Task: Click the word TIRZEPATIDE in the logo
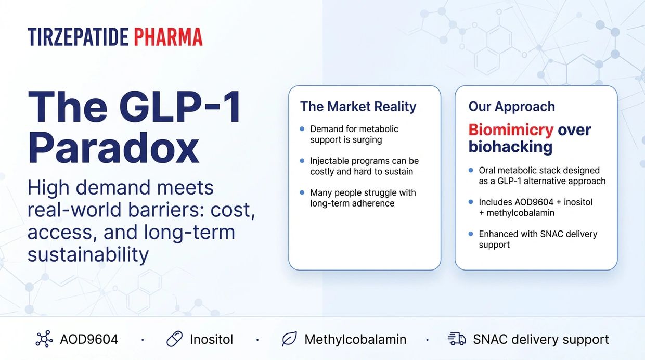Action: click(x=78, y=37)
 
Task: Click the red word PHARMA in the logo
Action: click(x=169, y=37)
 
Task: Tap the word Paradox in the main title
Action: click(x=113, y=148)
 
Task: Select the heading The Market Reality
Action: click(x=358, y=107)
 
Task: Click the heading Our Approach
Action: click(x=512, y=107)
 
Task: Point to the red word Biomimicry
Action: click(x=511, y=130)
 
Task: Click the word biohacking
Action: click(x=510, y=147)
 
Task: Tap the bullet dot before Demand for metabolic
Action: click(x=302, y=128)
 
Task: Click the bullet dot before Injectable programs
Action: click(x=302, y=160)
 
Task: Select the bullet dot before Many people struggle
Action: click(x=302, y=192)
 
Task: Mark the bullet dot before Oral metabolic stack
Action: click(x=471, y=170)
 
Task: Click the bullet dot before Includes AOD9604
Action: click(x=471, y=202)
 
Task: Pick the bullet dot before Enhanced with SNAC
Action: click(x=471, y=234)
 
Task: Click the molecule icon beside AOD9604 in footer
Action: click(x=44, y=339)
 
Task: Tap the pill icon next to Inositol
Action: click(x=174, y=339)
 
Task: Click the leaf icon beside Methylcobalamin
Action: click(x=289, y=339)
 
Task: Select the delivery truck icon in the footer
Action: click(x=457, y=339)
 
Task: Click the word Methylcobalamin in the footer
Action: click(x=355, y=339)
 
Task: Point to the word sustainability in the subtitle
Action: click(x=88, y=254)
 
